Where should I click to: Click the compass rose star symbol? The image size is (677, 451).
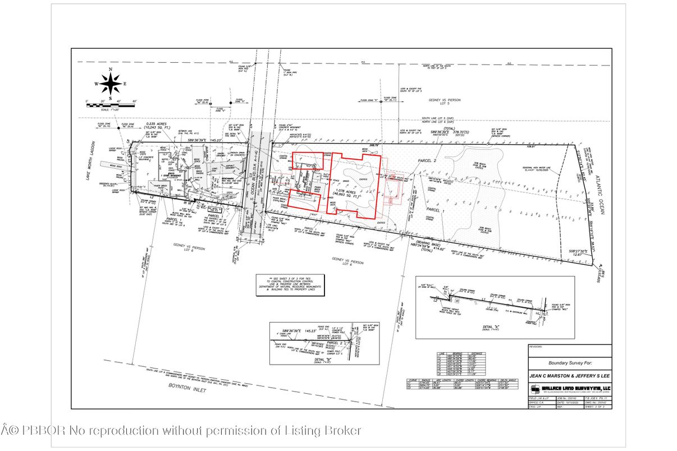click(x=111, y=84)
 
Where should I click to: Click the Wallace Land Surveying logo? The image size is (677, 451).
click(x=569, y=389)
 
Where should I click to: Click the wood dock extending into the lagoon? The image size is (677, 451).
click(x=110, y=166)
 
